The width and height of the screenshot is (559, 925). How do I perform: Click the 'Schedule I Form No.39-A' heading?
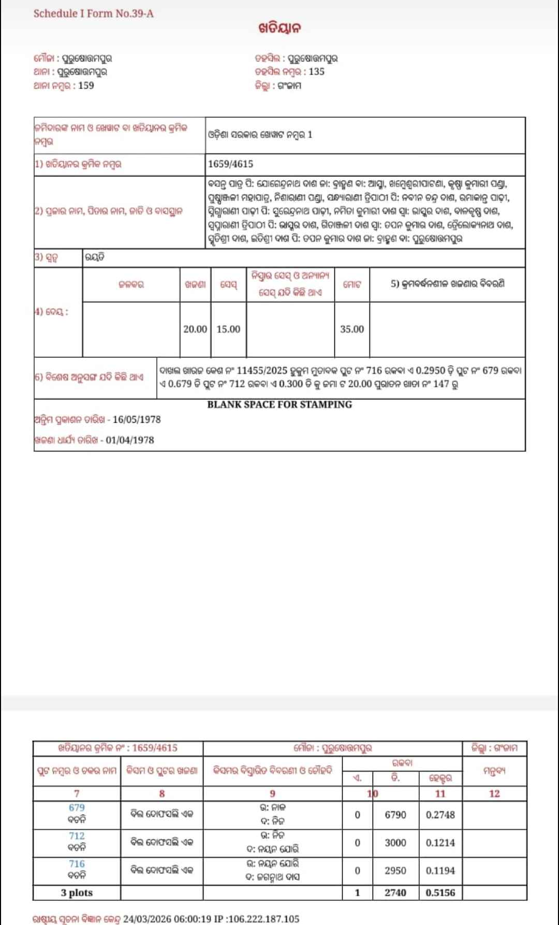coord(93,13)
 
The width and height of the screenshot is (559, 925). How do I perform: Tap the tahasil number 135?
coord(317,71)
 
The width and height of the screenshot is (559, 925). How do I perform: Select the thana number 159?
coord(86,85)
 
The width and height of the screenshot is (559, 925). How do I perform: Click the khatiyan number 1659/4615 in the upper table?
coord(230,164)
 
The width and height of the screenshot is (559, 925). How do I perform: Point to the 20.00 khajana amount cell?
coord(195,329)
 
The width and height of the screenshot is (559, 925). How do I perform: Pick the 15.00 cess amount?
coord(228,329)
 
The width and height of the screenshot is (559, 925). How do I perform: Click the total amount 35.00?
coord(352,329)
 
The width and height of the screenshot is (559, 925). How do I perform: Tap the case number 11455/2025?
coord(261,371)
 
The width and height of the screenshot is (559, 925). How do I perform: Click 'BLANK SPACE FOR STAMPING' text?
coord(279,404)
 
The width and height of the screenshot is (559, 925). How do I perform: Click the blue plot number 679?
coord(77,807)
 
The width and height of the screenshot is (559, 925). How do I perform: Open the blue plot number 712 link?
coord(77,836)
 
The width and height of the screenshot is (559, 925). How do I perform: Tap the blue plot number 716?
coord(77,864)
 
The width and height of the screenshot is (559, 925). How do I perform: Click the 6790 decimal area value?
coord(395,815)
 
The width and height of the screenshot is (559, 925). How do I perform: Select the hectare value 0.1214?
coord(440,843)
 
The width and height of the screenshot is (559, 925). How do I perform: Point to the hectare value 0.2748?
coord(440,815)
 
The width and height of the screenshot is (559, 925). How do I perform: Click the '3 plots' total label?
coord(77,893)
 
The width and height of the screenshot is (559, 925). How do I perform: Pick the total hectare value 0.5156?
coord(440,893)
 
